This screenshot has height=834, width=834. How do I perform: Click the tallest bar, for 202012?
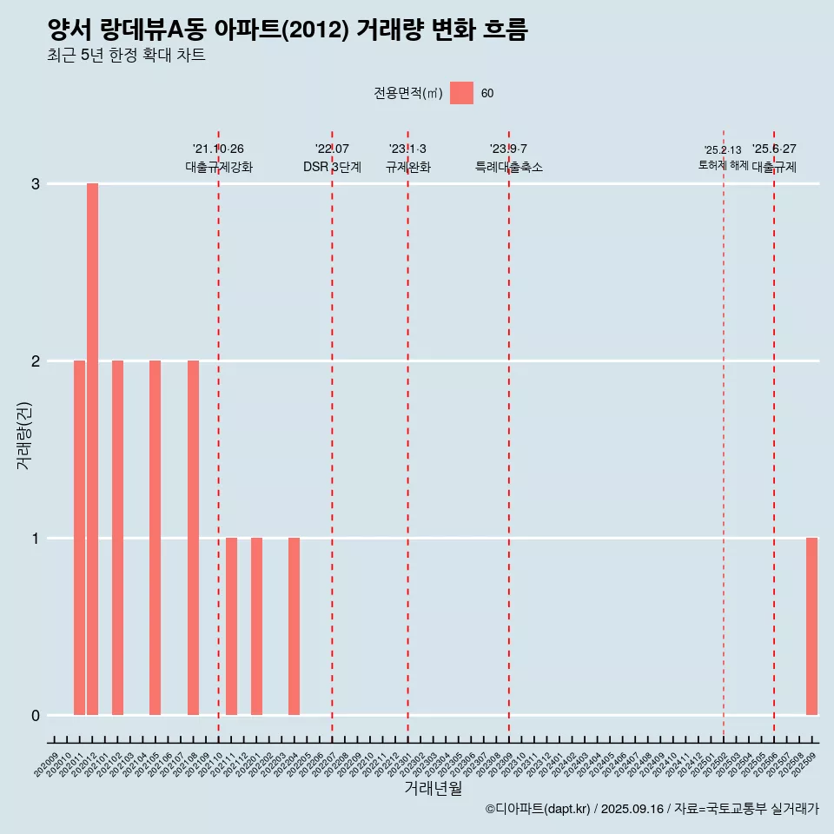tap(92, 448)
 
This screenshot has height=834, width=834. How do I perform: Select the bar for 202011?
tap(79, 537)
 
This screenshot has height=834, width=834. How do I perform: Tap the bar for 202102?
tap(117, 537)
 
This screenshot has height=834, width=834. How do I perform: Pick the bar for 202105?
tap(155, 537)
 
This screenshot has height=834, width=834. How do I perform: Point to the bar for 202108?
tap(193, 537)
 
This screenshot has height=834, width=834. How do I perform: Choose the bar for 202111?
tap(231, 625)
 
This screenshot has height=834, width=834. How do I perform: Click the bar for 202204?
tap(294, 625)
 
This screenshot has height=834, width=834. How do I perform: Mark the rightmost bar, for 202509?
tap(811, 625)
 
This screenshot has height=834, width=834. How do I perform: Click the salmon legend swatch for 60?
tap(461, 93)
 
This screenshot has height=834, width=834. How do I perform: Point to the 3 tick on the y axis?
tap(36, 184)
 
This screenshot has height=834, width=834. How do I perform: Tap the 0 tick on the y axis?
tap(36, 716)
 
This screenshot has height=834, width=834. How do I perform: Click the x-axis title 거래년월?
tap(433, 789)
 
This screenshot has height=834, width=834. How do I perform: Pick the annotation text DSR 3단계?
tap(332, 167)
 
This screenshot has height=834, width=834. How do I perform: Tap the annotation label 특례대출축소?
tap(509, 167)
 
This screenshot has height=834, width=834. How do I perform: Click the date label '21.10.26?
tap(218, 149)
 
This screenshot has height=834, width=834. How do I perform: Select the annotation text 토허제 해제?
tap(723, 164)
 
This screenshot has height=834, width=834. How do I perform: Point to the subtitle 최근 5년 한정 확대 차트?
tap(127, 56)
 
